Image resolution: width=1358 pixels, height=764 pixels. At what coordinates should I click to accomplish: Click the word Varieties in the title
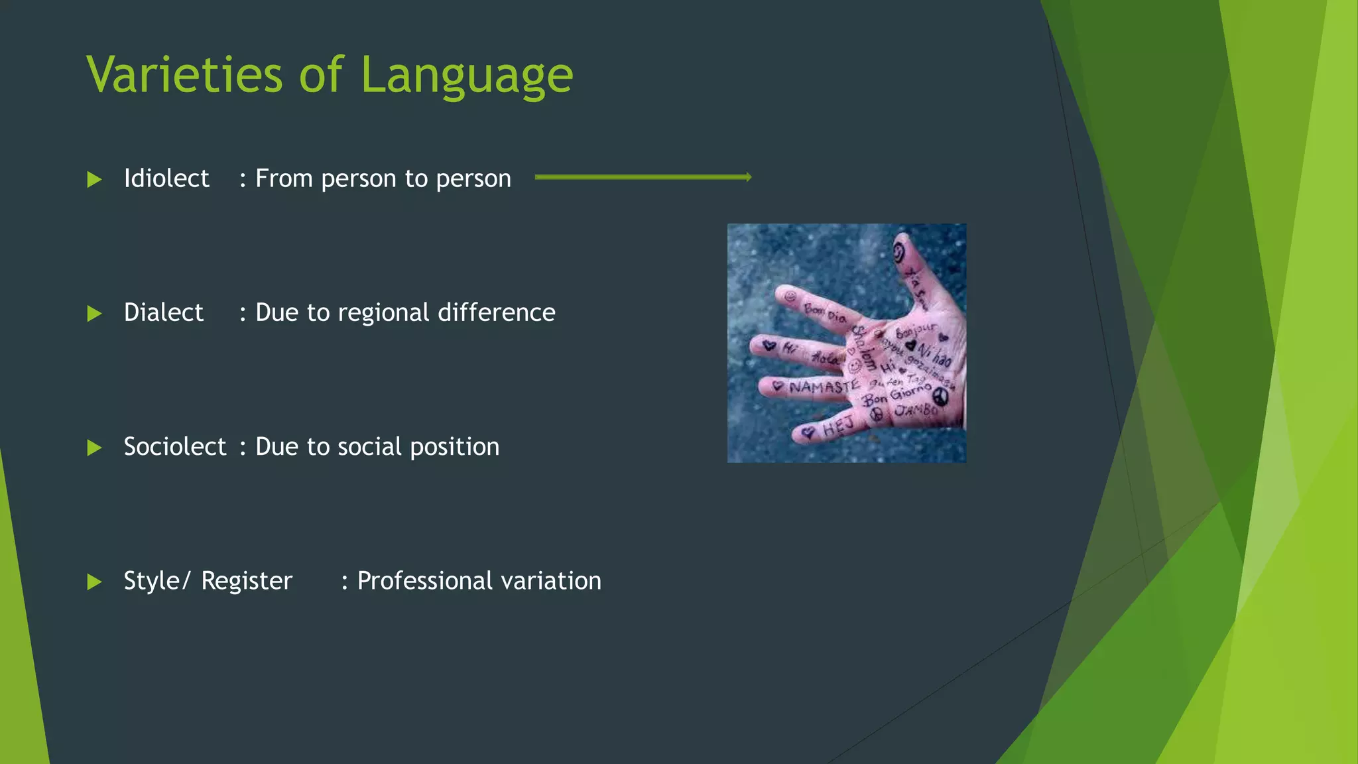point(185,74)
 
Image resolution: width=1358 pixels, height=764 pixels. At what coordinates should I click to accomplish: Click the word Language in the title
point(467,76)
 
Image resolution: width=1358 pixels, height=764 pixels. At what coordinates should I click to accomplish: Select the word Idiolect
point(166,178)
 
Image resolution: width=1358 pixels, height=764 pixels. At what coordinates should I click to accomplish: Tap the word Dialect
point(163,312)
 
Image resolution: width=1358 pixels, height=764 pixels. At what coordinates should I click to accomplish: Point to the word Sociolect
point(175,446)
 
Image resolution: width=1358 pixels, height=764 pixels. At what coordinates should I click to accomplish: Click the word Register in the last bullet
point(247,580)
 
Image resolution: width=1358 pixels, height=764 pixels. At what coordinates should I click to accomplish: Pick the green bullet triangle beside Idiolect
point(94,180)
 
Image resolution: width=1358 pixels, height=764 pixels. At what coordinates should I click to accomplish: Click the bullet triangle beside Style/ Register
point(94,582)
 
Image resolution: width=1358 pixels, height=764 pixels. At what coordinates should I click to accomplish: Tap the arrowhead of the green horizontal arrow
point(748,176)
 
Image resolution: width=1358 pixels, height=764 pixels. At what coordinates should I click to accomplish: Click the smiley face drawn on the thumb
point(898,252)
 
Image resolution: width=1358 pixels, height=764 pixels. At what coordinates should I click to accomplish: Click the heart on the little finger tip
point(807,433)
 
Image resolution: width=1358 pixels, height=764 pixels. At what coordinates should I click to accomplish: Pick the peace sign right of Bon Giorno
point(940,397)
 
